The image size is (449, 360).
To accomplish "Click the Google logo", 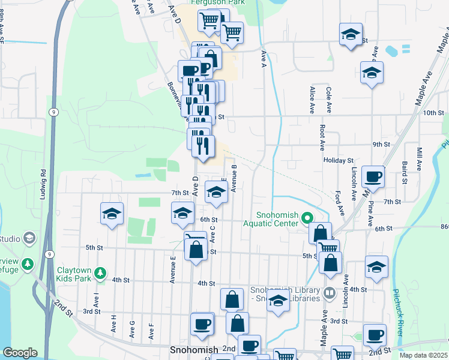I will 20,353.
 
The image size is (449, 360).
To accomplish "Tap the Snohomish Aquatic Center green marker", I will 308,217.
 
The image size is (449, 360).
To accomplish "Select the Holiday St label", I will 339,161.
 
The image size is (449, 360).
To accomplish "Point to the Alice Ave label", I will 312,100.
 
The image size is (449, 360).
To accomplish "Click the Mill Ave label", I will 419,159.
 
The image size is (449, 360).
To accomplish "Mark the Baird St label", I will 405,172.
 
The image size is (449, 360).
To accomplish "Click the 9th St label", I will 382,145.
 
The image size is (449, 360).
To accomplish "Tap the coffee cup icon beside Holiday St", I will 373,177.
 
